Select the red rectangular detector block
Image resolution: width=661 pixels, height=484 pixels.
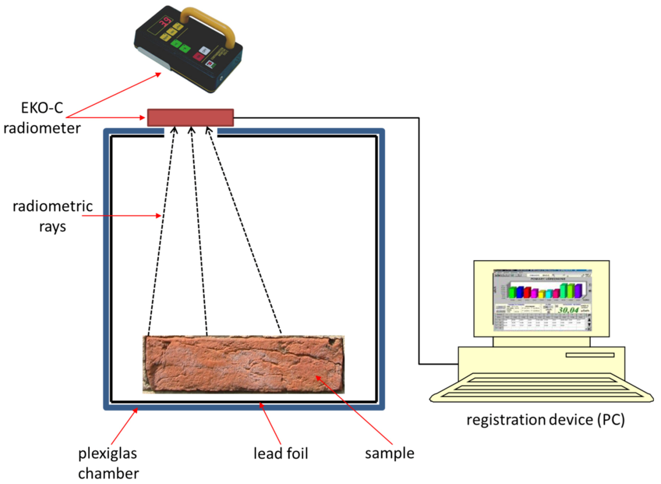click(190, 118)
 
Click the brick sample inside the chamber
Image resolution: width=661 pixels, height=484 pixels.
click(243, 364)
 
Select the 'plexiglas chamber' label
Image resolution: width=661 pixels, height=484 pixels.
click(108, 463)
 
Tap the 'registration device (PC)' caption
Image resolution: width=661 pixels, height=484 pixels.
click(545, 419)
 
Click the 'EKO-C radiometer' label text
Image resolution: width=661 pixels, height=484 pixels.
click(42, 118)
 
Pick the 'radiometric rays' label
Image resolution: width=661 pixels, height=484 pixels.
click(53, 216)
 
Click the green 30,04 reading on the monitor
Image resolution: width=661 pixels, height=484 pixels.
click(568, 310)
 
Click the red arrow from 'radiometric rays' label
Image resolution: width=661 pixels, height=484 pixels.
click(122, 216)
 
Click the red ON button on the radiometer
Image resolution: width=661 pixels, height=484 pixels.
click(198, 56)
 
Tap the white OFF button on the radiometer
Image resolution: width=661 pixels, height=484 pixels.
click(204, 50)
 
